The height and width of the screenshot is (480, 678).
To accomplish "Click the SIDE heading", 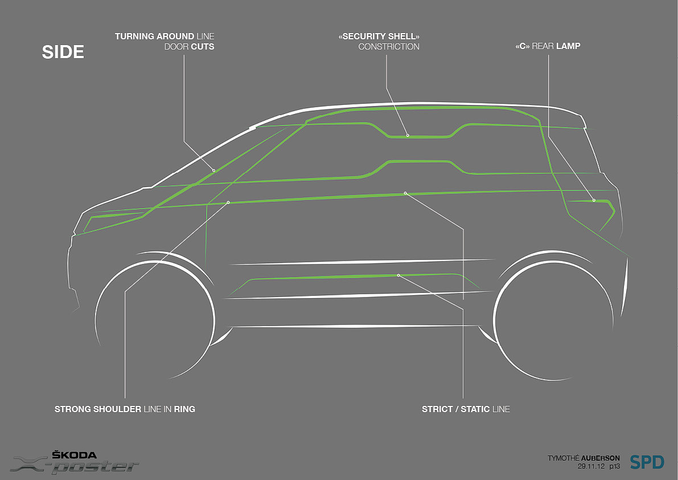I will (63, 52).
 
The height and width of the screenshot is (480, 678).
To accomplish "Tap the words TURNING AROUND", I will (154, 36).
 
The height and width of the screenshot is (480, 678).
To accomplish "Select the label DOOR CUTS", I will (189, 47).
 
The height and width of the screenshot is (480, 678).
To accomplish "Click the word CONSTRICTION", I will (389, 47).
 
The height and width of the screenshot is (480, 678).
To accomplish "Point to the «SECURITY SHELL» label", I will (379, 36).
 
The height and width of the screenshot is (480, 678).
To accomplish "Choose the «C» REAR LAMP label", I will (547, 46).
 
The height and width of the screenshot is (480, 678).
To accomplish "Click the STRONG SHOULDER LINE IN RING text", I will (125, 409).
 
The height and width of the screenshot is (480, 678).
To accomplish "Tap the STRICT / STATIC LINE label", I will (466, 409).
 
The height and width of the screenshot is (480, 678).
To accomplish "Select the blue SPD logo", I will (647, 462).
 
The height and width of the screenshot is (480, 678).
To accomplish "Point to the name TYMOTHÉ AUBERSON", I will (584, 458).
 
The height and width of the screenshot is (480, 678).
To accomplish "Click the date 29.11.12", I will (590, 466).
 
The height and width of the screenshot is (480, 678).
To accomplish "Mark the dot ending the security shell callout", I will (408, 135).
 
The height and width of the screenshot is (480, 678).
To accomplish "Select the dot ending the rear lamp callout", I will (594, 200).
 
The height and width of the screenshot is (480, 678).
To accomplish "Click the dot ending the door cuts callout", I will (214, 170).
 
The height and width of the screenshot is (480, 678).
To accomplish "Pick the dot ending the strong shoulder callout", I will (228, 202).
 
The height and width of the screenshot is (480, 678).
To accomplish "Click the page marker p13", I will (614, 466).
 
